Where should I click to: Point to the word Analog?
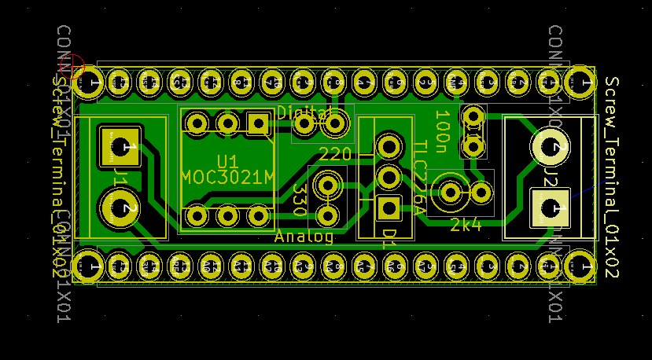pos(304,236)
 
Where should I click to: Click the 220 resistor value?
pos(335,154)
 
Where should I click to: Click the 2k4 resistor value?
pos(466,226)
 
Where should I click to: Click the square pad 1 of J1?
pos(120,146)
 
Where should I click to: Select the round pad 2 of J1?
pos(120,208)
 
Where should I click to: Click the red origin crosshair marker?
pos(72,68)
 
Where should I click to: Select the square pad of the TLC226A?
pos(388,208)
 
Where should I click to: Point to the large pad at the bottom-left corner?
pos(87,266)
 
